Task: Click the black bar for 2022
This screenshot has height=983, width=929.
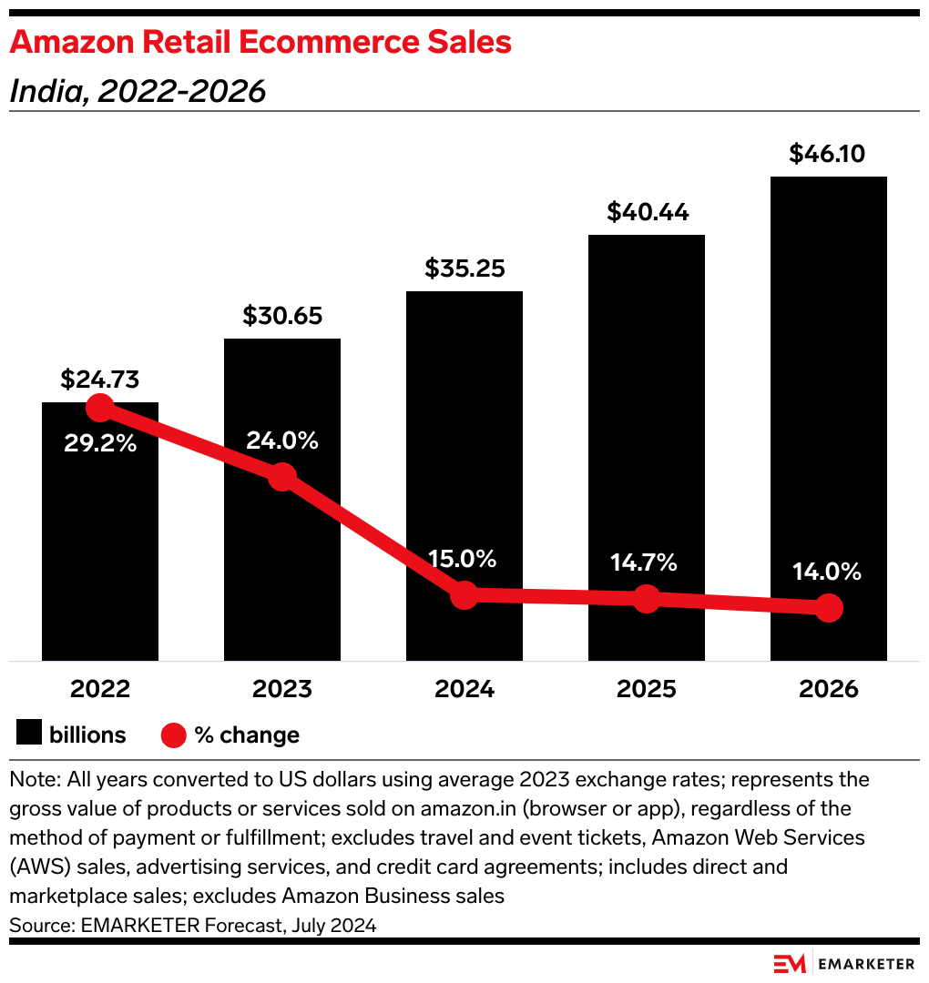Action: point(100,546)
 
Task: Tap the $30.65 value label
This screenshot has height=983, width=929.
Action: point(282,316)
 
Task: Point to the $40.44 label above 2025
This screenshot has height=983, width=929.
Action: point(647,212)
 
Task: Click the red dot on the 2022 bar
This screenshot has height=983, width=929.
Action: point(99,408)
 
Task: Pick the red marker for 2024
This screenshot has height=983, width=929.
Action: point(464,595)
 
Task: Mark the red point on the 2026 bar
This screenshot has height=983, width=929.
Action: point(828,607)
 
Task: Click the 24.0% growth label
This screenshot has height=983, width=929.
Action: point(282,441)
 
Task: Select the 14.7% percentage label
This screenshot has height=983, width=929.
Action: point(645,562)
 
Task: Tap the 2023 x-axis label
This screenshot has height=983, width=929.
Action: point(282,688)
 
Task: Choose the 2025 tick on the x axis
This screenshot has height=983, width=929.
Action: point(647,688)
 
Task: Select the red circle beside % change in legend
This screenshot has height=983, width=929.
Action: point(173,734)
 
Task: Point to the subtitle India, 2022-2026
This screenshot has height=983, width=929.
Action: point(138,91)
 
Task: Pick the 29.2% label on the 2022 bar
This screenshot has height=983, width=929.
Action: point(100,444)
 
